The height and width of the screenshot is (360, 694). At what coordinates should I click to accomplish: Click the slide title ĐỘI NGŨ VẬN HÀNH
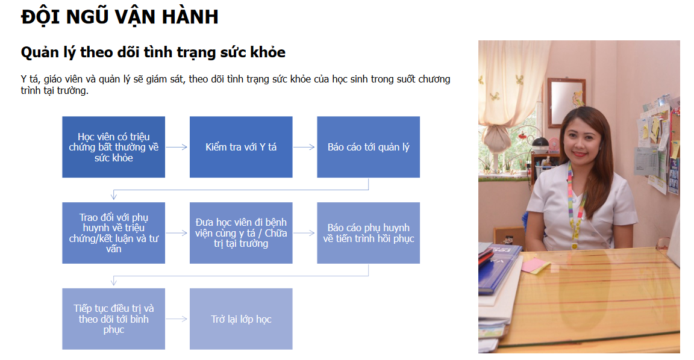(x=119, y=17)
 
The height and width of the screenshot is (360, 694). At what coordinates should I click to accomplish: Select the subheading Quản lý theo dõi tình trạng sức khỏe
(x=153, y=52)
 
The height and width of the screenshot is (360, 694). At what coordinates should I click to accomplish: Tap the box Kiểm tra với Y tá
(x=241, y=147)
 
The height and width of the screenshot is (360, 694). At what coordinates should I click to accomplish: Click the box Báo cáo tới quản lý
(x=368, y=147)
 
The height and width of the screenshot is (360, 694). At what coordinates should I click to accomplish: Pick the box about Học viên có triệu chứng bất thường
(x=114, y=147)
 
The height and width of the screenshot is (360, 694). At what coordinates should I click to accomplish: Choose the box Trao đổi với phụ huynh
(x=114, y=233)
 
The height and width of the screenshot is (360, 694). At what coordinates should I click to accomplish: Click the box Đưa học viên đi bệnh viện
(x=241, y=233)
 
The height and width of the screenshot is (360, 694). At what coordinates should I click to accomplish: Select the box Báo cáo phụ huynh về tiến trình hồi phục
(x=368, y=233)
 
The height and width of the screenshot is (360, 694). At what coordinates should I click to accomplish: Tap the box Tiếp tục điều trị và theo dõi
(x=114, y=319)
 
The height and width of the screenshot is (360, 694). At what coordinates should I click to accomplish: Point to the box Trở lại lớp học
(x=241, y=319)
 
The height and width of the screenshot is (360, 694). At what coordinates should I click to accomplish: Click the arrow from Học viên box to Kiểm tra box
(x=177, y=147)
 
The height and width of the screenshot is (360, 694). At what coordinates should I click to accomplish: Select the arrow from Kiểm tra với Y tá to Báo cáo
(x=304, y=147)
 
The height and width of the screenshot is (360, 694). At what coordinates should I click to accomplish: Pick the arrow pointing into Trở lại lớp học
(x=177, y=319)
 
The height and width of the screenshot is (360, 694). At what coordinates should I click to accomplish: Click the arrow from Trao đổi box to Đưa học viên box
(x=177, y=233)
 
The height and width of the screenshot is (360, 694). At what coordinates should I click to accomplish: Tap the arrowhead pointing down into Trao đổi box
(x=114, y=196)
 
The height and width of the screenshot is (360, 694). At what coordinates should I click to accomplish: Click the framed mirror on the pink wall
(x=566, y=102)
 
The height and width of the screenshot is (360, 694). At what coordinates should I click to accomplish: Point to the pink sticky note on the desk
(x=536, y=265)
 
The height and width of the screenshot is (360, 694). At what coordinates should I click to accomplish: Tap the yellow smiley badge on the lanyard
(x=574, y=244)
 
